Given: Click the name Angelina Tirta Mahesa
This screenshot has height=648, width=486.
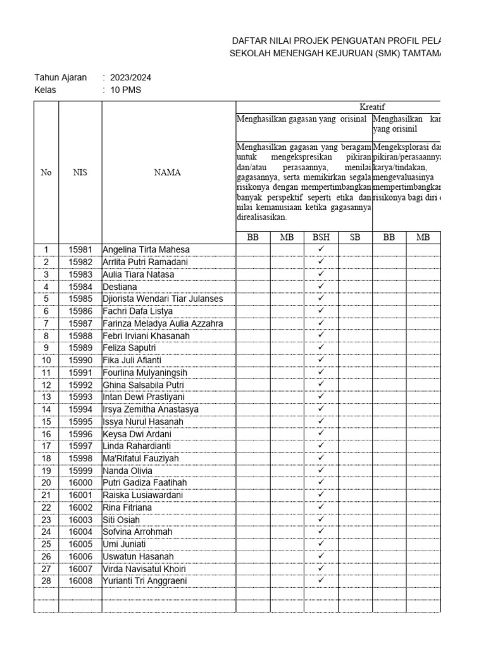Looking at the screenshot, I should (x=146, y=249).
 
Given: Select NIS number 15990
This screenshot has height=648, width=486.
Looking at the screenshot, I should (x=80, y=360).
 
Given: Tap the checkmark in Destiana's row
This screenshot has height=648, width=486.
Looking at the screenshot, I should (x=321, y=286).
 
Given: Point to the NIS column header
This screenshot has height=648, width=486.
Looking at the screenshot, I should (x=80, y=173).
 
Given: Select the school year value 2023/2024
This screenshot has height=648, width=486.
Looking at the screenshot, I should (x=130, y=78).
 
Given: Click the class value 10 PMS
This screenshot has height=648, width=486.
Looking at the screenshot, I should (x=125, y=90).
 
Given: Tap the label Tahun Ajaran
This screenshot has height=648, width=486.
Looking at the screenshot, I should (x=60, y=78).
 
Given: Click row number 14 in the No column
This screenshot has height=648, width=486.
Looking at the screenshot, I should (x=46, y=409).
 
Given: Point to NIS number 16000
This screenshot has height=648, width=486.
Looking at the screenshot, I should (x=80, y=483).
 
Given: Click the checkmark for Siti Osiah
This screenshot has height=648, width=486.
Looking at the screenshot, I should (x=321, y=520).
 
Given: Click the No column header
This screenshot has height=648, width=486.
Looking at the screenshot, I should (x=46, y=173).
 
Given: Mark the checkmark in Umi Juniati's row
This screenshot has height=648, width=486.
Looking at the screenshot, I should (x=321, y=544).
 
